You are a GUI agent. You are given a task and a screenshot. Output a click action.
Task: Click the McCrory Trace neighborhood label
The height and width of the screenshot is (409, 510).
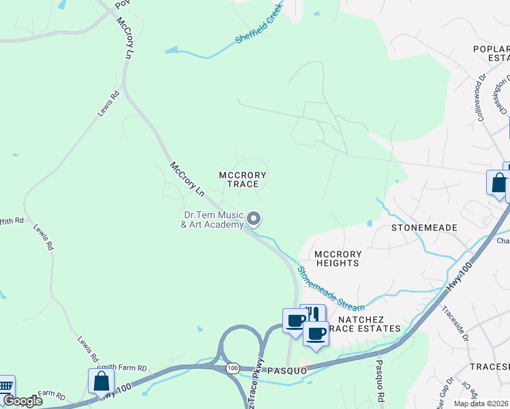click(242, 180)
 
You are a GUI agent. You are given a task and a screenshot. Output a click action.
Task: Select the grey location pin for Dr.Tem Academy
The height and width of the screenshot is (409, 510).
click(254, 219)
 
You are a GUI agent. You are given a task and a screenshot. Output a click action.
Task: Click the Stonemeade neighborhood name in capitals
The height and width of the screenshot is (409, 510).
click(423, 227)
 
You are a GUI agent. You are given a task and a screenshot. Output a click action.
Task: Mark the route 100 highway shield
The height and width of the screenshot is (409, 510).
click(233, 368)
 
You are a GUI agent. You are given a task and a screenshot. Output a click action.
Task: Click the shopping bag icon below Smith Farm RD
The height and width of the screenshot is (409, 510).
click(101, 381)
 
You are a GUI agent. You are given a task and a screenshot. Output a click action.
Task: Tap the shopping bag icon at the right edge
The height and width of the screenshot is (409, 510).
click(498, 183)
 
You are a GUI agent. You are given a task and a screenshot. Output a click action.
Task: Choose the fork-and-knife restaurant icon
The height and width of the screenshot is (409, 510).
click(313, 315)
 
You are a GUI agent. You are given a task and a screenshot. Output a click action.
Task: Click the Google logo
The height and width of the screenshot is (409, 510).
click(22, 401)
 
